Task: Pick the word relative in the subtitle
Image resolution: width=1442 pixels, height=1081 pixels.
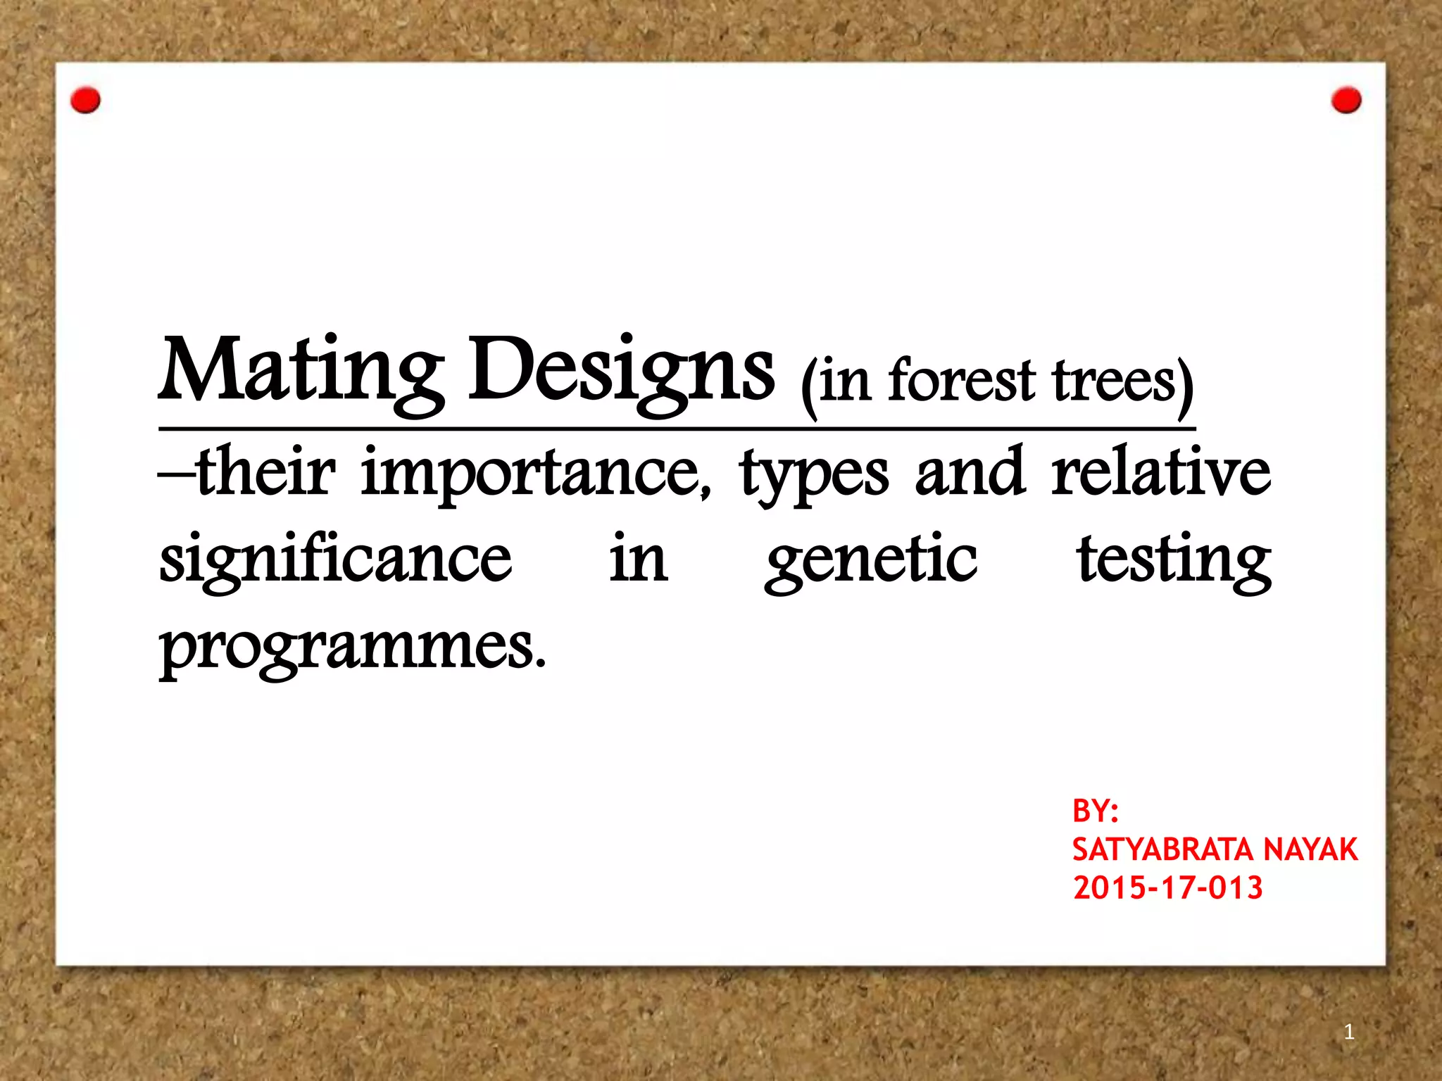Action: click(1161, 472)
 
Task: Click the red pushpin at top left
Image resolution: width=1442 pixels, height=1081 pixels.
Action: click(86, 101)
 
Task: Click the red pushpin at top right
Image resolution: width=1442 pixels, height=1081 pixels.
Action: click(1346, 101)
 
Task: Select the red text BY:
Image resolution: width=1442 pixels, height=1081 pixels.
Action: click(1096, 811)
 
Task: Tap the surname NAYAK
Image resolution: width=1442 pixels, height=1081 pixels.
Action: click(1310, 850)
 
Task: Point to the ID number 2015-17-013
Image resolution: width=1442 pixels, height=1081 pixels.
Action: click(1168, 888)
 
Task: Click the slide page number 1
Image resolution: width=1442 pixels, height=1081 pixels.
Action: click(1349, 1032)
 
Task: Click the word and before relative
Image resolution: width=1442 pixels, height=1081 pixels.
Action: click(970, 472)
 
